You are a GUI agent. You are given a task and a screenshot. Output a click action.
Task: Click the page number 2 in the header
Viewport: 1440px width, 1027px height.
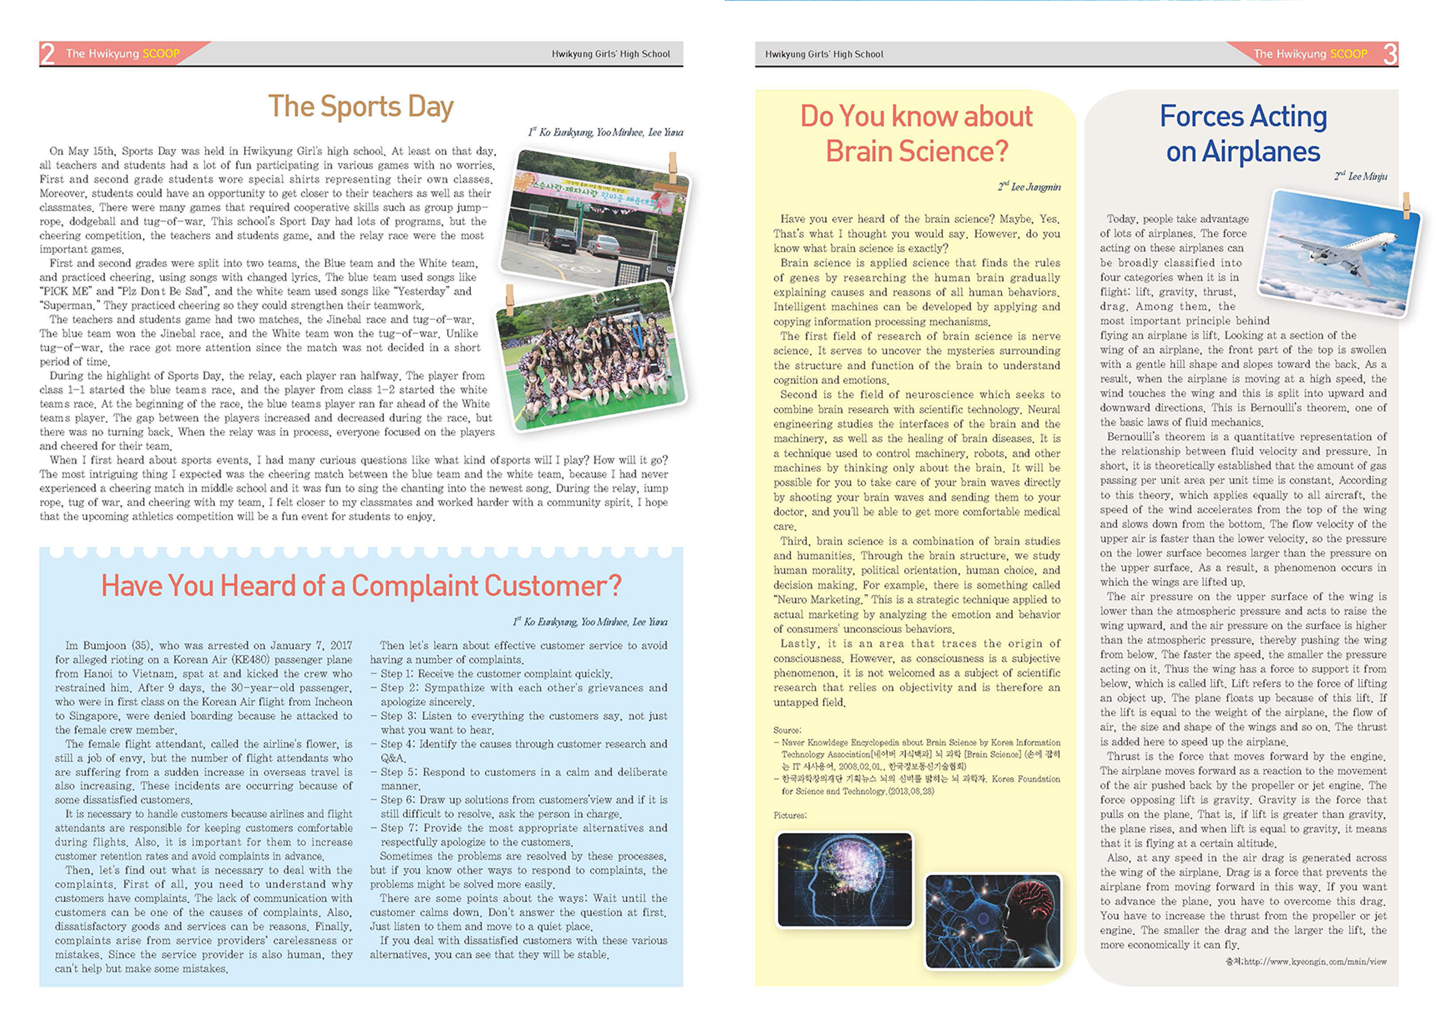click(x=47, y=54)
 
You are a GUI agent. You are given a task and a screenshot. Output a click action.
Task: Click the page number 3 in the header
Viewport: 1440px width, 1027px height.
click(x=1390, y=54)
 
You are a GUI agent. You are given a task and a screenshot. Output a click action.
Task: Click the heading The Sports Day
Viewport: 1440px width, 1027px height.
click(x=361, y=106)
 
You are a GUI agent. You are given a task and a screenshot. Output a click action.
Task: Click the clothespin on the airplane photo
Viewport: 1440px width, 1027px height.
click(x=1406, y=206)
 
